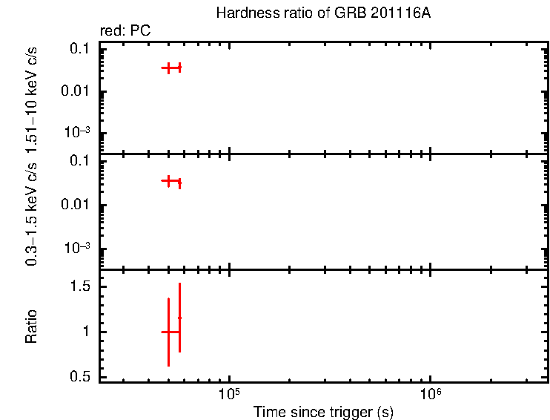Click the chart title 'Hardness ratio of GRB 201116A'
(x=322, y=13)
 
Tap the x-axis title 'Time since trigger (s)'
(x=323, y=412)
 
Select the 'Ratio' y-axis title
(x=32, y=326)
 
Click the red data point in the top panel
(x=170, y=68)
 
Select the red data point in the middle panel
(x=170, y=180)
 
